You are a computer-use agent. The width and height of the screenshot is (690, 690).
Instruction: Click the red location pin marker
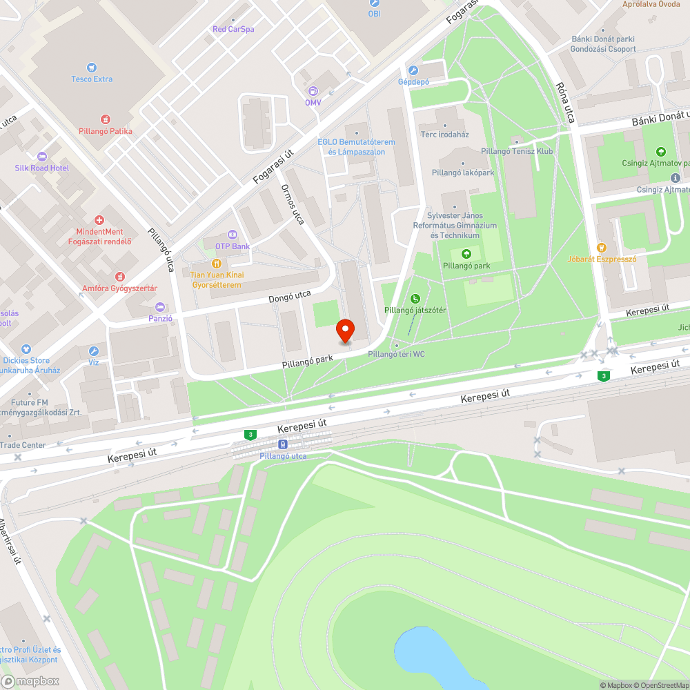(x=344, y=331)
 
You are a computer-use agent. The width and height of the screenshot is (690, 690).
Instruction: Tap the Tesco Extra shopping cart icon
(x=92, y=68)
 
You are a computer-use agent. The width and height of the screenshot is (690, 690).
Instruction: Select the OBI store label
(x=374, y=13)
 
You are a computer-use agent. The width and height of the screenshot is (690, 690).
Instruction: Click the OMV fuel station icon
(x=313, y=91)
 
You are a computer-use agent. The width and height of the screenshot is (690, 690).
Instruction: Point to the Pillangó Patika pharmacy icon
(x=106, y=119)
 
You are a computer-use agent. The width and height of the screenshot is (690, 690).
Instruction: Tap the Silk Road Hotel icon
(x=42, y=157)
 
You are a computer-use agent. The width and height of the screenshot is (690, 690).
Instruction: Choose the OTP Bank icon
(x=232, y=235)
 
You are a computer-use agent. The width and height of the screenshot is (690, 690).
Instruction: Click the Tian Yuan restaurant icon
(x=216, y=264)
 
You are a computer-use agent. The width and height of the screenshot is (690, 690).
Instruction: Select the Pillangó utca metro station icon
(x=283, y=444)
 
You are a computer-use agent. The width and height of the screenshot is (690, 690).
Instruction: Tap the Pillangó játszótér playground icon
(x=415, y=299)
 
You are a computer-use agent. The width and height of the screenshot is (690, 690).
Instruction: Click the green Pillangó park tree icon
(x=466, y=254)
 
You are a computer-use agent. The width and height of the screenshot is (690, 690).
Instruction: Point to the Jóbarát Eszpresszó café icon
(x=601, y=248)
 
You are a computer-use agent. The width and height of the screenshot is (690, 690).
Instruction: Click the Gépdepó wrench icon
(x=413, y=70)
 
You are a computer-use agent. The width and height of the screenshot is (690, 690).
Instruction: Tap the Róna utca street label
(x=565, y=103)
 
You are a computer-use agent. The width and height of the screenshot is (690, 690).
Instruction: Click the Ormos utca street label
(x=293, y=204)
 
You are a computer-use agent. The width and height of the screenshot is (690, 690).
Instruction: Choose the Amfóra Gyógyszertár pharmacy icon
(x=120, y=276)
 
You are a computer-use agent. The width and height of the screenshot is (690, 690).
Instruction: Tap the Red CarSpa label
(x=233, y=29)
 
